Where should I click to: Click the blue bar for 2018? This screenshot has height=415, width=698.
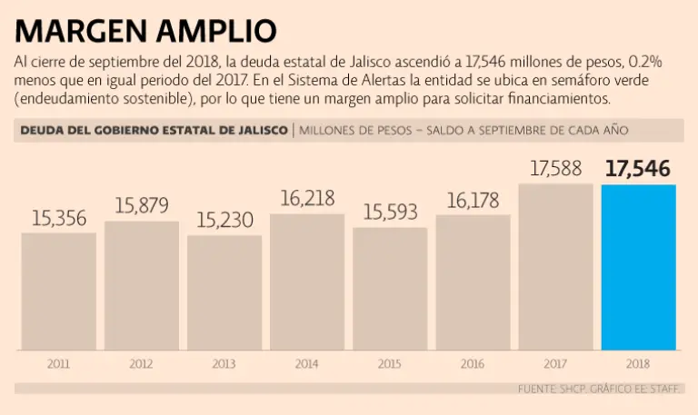click(638, 267)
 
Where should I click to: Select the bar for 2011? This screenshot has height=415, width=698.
click(58, 291)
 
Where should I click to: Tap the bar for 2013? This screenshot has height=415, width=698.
click(224, 292)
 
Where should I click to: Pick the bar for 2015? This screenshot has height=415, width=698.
click(390, 288)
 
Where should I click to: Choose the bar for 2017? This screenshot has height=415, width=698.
click(555, 267)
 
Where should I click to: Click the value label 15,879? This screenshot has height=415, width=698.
click(142, 205)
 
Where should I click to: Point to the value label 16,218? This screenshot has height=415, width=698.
click(307, 198)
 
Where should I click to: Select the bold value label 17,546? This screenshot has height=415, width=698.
click(638, 169)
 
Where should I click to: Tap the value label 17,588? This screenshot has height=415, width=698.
click(555, 169)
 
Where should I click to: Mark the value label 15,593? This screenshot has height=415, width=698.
click(390, 212)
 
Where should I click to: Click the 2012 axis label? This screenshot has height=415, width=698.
click(141, 363)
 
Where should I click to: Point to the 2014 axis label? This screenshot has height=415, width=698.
click(307, 363)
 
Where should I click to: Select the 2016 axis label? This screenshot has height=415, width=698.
click(473, 363)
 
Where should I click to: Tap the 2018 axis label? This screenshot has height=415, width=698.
click(638, 363)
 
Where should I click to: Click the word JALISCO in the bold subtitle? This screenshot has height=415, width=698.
click(256, 130)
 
